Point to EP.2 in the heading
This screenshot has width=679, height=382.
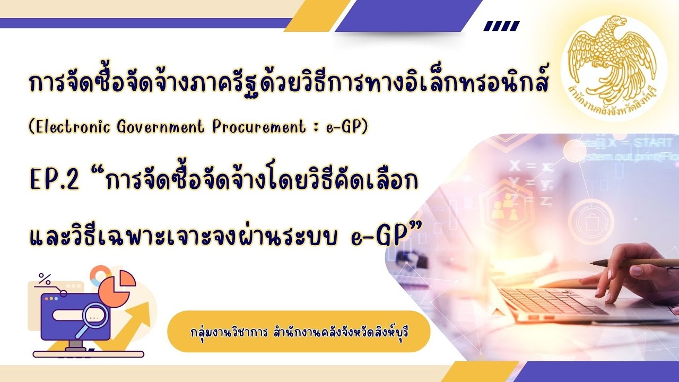(53, 180)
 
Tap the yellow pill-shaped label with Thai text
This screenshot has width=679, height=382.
(298, 332)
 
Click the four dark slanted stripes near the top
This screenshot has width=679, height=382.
(501, 26)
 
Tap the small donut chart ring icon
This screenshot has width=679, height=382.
(99, 275)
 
